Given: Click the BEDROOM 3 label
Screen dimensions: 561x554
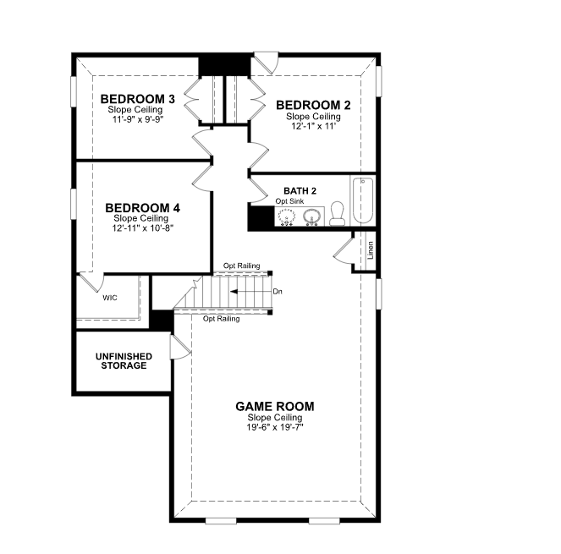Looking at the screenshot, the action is click(x=137, y=99).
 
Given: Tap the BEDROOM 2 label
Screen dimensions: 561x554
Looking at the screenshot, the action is click(x=313, y=105).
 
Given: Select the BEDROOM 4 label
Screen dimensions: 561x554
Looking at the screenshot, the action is click(x=142, y=208).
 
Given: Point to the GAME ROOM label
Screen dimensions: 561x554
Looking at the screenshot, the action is click(x=275, y=406).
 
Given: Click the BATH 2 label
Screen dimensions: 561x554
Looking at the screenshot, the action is click(x=300, y=191).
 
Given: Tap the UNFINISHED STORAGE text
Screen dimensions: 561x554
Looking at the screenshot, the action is click(x=124, y=361).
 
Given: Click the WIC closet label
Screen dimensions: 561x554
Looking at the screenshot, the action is click(x=109, y=298).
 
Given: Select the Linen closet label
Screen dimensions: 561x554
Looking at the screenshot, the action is click(x=371, y=250).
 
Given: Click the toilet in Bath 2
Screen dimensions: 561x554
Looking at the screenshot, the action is click(x=337, y=214).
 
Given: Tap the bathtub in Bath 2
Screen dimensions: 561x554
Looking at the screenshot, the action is click(x=363, y=200).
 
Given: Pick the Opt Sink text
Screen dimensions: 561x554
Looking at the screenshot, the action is click(x=289, y=201).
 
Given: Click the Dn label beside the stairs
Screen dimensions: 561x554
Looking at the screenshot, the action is click(x=278, y=292).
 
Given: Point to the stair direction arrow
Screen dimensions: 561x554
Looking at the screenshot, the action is click(x=250, y=292).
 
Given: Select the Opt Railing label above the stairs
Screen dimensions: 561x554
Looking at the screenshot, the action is click(x=241, y=266).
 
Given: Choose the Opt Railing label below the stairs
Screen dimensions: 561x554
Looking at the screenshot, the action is click(x=221, y=319).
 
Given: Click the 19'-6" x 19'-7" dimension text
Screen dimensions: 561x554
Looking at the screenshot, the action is click(x=275, y=427).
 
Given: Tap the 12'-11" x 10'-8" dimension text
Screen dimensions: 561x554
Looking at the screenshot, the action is click(x=142, y=228).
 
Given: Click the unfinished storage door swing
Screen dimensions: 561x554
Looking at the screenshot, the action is click(x=180, y=348).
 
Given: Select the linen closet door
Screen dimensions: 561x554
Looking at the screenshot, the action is click(x=344, y=251).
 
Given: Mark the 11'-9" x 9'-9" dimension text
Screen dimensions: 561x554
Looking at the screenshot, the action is click(x=138, y=119).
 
